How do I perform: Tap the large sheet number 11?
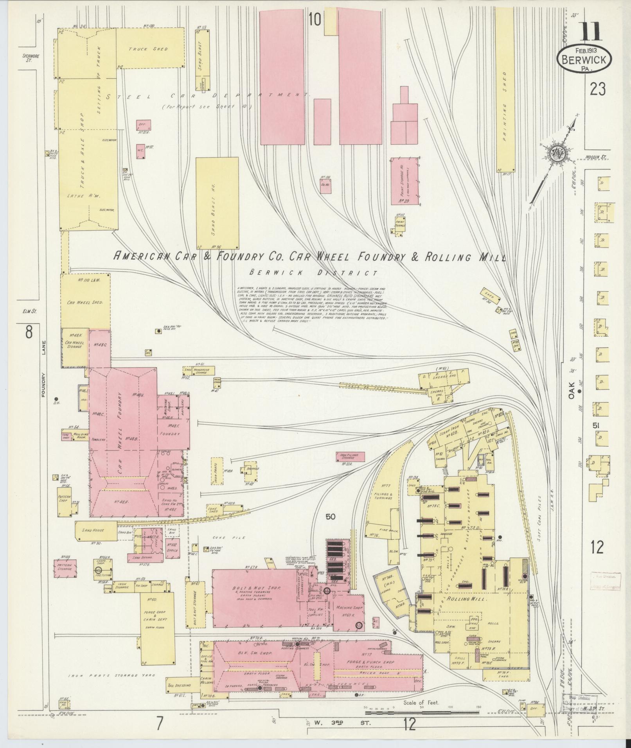pos(590,32)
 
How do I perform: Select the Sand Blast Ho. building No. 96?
pos(217,203)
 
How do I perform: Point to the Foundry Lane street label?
pos(44,368)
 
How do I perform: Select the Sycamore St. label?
pos(28,58)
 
